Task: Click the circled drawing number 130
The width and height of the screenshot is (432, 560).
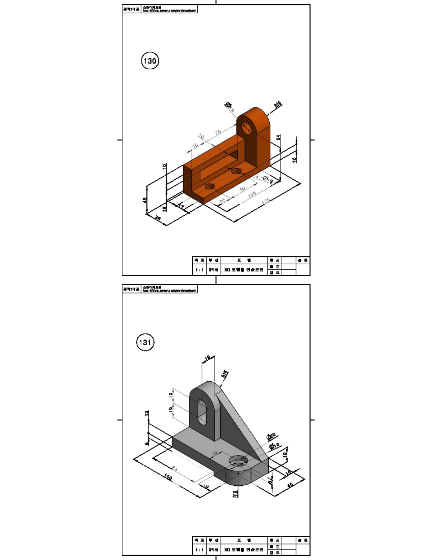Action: click(150, 61)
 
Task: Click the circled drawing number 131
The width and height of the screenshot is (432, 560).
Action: click(145, 342)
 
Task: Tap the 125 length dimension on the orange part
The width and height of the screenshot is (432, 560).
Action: click(266, 201)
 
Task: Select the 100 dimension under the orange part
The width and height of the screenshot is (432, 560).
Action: click(252, 195)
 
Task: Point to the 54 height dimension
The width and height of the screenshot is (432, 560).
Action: click(278, 137)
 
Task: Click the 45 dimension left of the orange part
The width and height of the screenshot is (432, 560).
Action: click(145, 200)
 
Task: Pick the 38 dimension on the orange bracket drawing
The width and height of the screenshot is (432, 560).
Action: click(158, 218)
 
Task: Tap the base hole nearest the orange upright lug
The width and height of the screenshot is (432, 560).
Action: click(236, 171)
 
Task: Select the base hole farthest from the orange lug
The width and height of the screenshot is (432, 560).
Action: click(210, 186)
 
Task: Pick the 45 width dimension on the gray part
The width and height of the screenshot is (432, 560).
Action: click(290, 484)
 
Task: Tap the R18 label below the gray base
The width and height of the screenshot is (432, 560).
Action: click(235, 494)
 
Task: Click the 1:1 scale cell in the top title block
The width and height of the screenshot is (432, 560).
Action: click(199, 270)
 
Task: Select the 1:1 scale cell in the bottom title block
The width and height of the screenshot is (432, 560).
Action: click(199, 550)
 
